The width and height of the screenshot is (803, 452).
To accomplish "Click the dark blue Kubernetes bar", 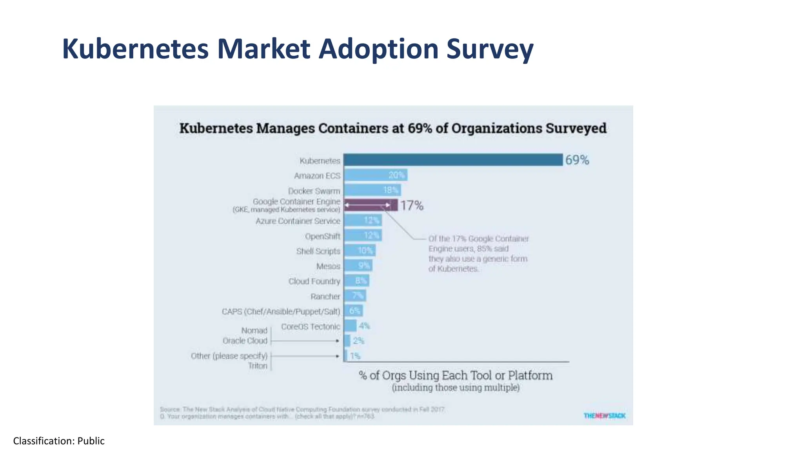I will [x=453, y=160].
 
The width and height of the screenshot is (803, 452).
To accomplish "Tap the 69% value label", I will [x=577, y=160].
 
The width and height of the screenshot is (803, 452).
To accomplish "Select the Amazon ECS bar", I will [x=375, y=175].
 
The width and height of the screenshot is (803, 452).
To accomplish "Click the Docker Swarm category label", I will [x=314, y=191].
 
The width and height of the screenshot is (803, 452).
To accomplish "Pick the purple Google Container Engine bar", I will [x=371, y=205].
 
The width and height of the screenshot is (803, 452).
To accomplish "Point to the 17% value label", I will [x=412, y=206].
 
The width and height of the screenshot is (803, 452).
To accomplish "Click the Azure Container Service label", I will [x=298, y=221].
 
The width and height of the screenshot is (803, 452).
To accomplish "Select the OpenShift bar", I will [x=363, y=235].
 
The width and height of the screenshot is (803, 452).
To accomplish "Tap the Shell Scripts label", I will [x=318, y=251].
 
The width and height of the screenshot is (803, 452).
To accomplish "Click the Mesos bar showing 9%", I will [x=358, y=266].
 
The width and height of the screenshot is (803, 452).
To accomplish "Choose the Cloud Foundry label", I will [x=314, y=281].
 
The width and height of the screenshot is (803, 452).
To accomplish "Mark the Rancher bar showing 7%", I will [x=355, y=295].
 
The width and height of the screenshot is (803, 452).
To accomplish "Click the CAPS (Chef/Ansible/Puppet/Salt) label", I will [x=281, y=312].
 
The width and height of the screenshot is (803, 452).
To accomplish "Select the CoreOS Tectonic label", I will [x=310, y=326].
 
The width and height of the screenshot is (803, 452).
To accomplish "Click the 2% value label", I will [x=358, y=341].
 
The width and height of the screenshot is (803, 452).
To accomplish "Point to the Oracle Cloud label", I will [x=245, y=341].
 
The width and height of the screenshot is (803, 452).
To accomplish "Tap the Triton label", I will [x=258, y=366].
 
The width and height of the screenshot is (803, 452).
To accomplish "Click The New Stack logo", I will [x=604, y=416].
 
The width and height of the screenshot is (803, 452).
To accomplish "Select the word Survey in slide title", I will [x=490, y=49].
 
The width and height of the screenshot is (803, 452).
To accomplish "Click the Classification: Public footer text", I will [x=59, y=441].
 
